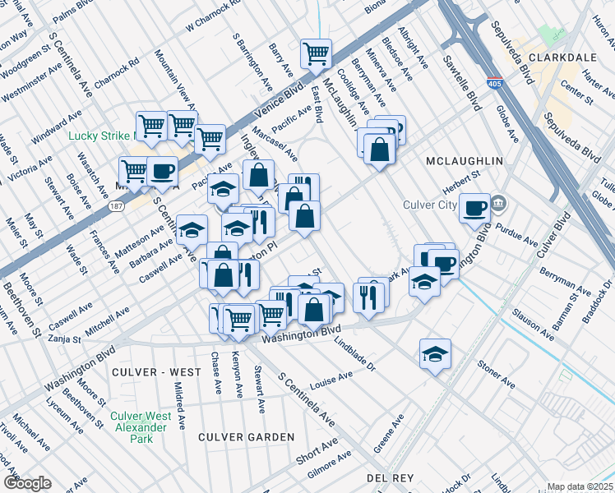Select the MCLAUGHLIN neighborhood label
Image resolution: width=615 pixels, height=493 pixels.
coord(463,160)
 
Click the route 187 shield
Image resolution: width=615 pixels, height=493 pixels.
coord(118,208)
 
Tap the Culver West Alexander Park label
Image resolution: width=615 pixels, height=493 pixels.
coord(141,427)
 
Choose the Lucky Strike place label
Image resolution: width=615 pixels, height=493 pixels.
coord(100,136)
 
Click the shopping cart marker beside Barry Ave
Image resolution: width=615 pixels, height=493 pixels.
coord(316,54)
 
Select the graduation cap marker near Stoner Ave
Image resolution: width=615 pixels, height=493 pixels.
coord(435,354)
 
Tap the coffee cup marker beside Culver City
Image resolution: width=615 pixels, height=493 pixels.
coord(474,209)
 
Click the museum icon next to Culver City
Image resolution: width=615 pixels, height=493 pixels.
coord(499,203)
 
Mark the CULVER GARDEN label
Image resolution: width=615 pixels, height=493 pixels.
coord(246,436)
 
